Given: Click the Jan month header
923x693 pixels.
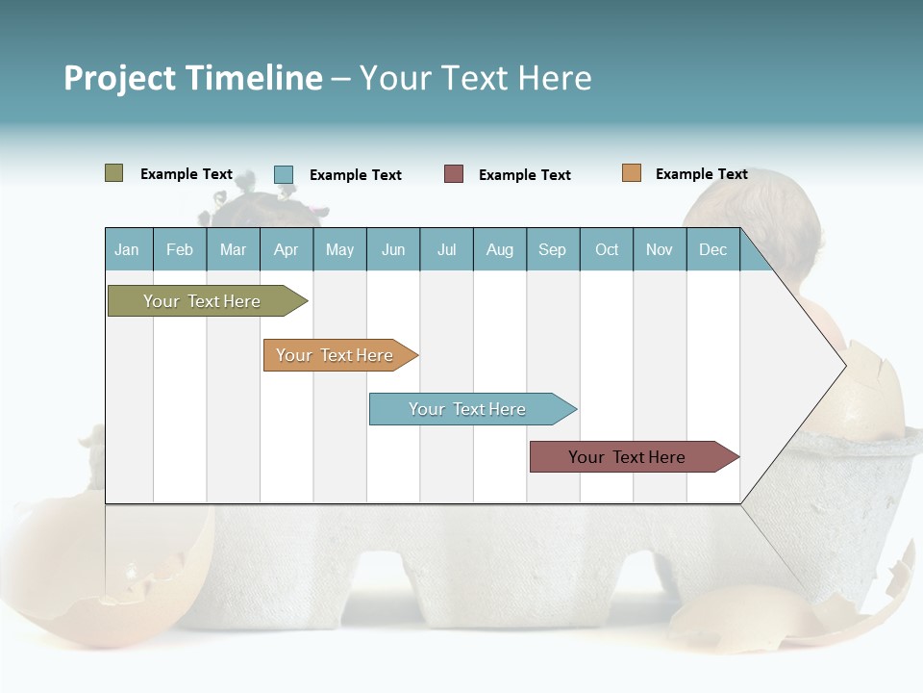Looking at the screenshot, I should [127, 249].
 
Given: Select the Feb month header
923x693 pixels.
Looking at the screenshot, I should [180, 249].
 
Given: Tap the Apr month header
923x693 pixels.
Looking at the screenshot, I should [286, 249].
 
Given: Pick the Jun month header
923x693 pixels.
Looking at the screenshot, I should [393, 249].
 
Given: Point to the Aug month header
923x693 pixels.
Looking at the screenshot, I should [499, 249].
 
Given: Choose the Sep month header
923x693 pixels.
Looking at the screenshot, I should [552, 249].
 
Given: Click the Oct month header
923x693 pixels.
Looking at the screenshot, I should [607, 249].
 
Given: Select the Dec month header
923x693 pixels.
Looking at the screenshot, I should [712, 249].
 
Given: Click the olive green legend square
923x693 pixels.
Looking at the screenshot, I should [114, 173].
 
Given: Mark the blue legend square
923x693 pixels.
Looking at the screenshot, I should [284, 174].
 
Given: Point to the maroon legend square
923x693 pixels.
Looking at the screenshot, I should [454, 174].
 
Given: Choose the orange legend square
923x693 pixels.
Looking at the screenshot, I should [632, 173].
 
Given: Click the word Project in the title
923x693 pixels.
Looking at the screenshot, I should [120, 78].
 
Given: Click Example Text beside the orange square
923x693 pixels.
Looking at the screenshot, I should [701, 174].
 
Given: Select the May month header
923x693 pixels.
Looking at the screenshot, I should [339, 249].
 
